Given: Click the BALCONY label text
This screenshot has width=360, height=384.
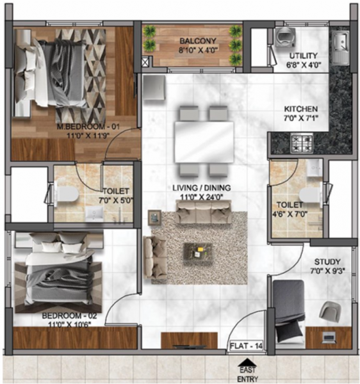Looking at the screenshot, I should (x=193, y=40).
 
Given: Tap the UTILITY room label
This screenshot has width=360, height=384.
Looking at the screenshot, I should (x=302, y=56).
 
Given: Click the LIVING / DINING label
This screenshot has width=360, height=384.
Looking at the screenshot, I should (x=201, y=188).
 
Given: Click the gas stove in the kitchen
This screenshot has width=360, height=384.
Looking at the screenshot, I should (x=301, y=140).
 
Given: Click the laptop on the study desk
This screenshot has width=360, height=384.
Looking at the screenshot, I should (x=329, y=335).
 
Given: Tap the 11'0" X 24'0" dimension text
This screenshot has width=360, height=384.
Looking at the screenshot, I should (x=201, y=197).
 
